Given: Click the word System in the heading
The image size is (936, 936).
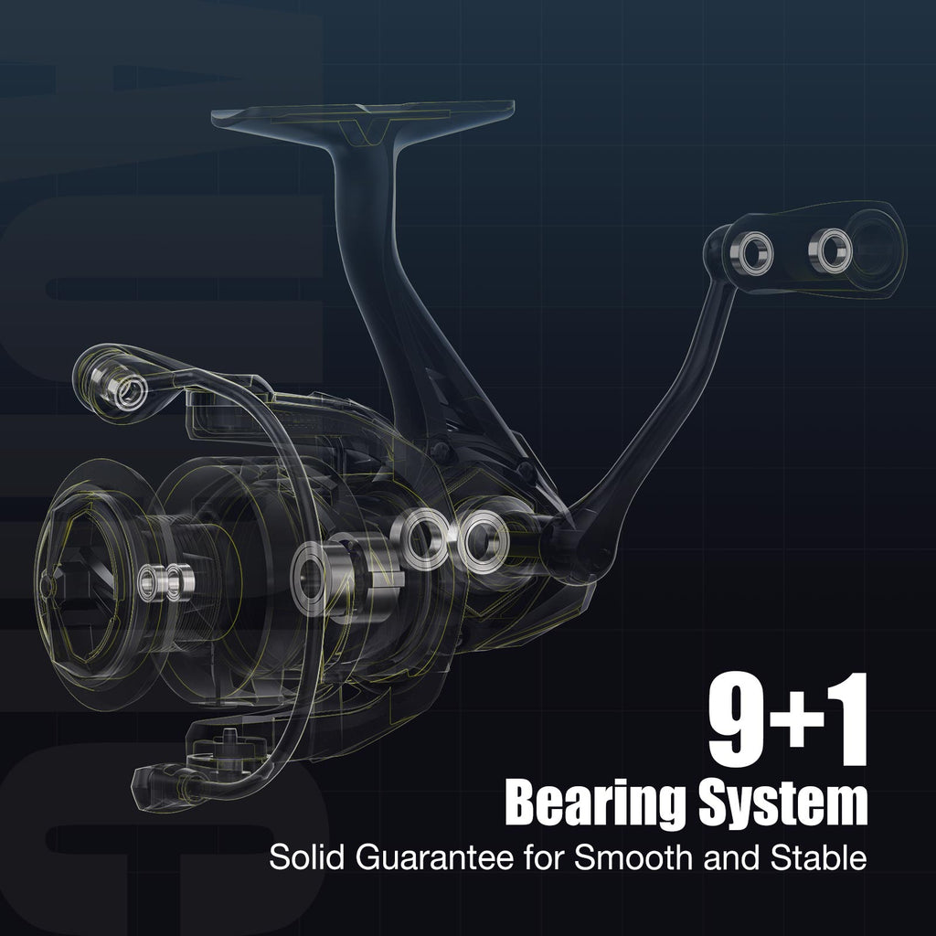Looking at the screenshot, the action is click(783, 803).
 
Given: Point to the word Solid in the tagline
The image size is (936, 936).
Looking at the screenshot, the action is click(307, 857).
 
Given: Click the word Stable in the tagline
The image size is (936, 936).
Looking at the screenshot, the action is click(818, 857).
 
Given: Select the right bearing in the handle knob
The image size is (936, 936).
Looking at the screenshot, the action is click(831, 250).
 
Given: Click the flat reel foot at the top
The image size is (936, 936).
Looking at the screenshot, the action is click(363, 115).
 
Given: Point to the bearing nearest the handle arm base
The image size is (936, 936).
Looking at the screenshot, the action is click(483, 542).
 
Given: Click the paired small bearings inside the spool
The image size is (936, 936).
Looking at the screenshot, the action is click(166, 582).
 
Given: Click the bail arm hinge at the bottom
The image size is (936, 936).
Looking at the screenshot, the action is click(165, 783).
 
